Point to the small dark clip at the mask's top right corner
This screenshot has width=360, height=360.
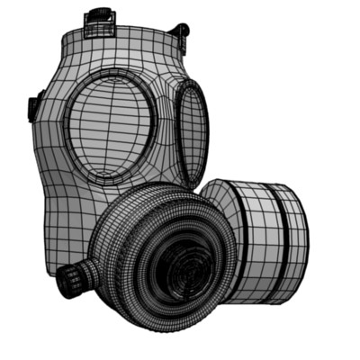point(184,31)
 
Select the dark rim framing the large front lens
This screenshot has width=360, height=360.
point(68,135)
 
